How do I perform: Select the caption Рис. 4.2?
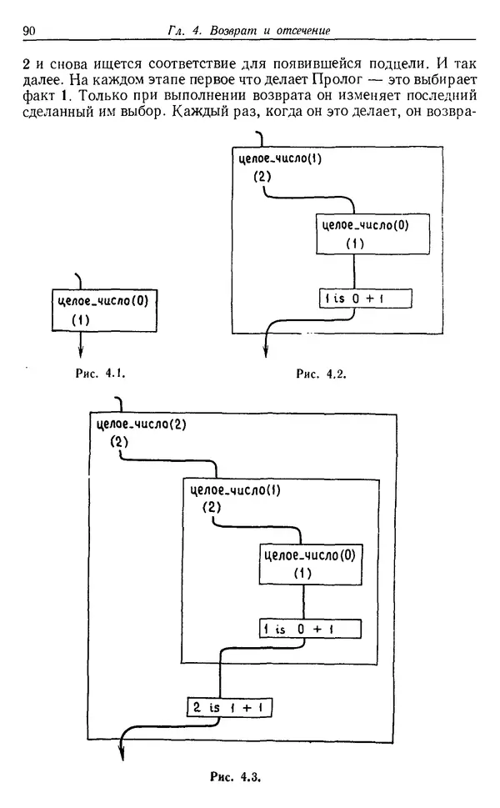tap(322, 375)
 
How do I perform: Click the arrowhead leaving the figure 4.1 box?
tap(82, 351)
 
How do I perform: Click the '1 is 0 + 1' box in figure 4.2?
tap(366, 299)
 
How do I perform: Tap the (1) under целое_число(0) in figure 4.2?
tap(355, 243)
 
